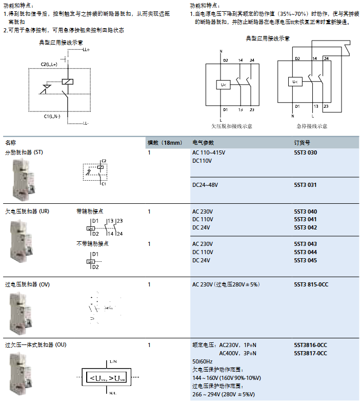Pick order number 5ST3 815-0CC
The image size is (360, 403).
click(x=311, y=284)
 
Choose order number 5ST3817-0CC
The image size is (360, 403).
click(x=310, y=353)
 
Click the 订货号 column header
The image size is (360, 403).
click(x=302, y=142)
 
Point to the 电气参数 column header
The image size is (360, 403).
click(x=203, y=142)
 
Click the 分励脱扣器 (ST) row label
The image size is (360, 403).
click(x=24, y=153)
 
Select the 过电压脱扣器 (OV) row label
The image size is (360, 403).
click(x=27, y=284)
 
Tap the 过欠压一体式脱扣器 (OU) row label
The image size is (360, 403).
click(x=35, y=345)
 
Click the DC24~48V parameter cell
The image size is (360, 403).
click(x=205, y=185)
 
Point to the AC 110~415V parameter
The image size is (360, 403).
click(x=209, y=153)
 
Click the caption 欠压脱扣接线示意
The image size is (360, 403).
click(x=231, y=126)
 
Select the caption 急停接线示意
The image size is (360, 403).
click(x=311, y=126)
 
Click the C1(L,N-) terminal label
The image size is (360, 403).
click(x=52, y=117)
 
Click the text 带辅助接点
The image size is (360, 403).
click(x=89, y=211)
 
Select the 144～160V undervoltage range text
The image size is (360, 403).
click(x=226, y=378)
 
